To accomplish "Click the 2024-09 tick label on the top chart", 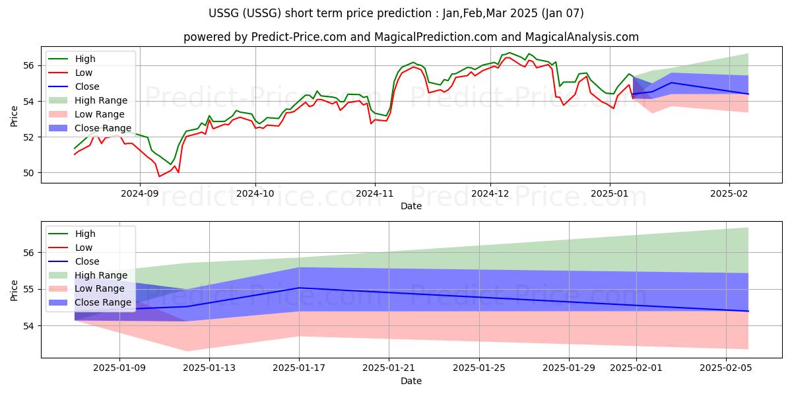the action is coord(140,194).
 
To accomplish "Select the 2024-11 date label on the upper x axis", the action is coord(375,194).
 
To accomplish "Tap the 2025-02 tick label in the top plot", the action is coord(729,194).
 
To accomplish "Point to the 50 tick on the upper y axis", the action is coord(28,173).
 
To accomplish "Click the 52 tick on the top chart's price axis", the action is coord(28,137).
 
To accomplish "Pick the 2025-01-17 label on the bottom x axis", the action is coord(299,368).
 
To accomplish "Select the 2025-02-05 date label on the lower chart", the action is coord(726,368).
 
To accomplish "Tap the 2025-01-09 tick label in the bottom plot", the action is coord(119,368).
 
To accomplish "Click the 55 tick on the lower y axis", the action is coord(28,289).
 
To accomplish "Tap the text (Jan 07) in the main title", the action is coord(562,13).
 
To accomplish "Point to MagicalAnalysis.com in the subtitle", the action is coord(582,37).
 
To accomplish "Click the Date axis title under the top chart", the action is coord(411,206).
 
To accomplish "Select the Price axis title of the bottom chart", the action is coord(14,290).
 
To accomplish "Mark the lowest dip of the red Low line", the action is coord(159,176).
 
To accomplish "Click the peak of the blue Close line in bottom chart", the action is coord(299,288).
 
